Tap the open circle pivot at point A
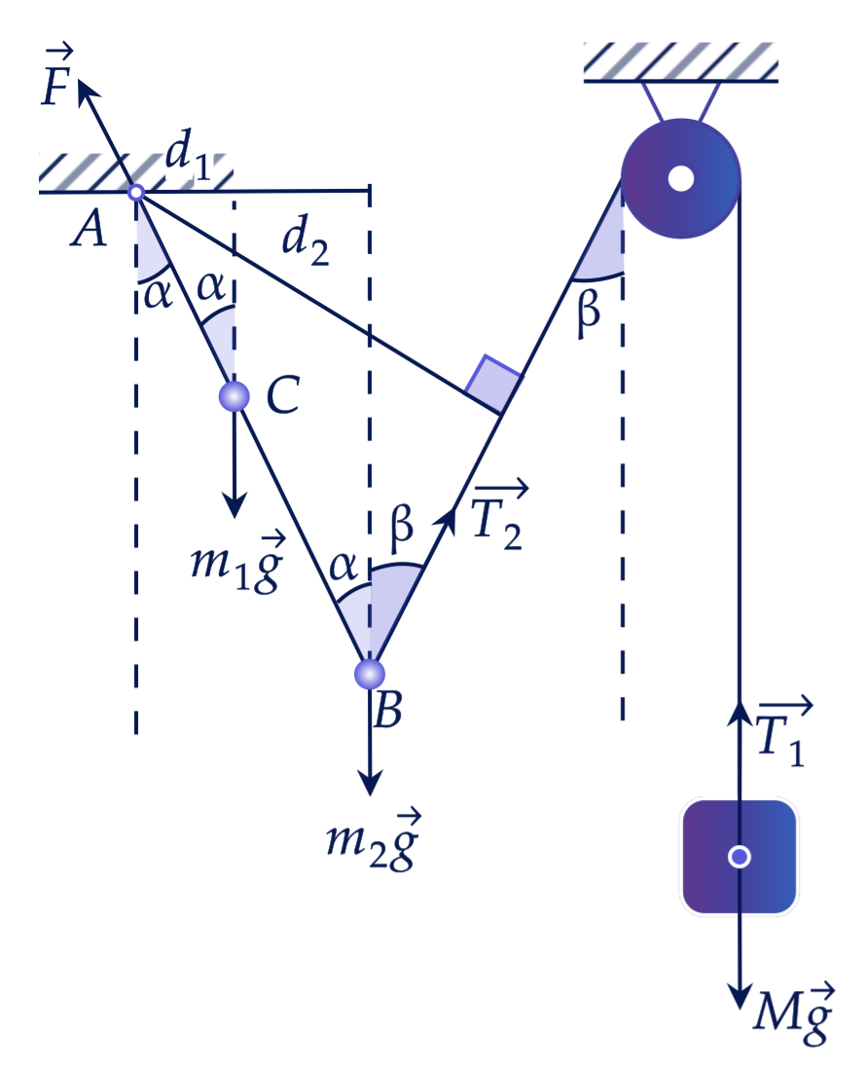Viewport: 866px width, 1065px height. [135, 192]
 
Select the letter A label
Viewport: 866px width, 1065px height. [89, 228]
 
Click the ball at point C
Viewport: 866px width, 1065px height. [235, 396]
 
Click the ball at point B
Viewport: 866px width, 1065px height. [370, 673]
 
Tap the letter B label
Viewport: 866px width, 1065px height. [387, 710]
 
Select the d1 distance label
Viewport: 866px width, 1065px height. [188, 154]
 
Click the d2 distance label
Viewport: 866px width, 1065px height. [306, 239]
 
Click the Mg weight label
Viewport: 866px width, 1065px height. [793, 1013]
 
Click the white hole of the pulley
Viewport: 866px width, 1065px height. [681, 178]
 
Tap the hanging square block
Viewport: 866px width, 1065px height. [740, 857]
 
